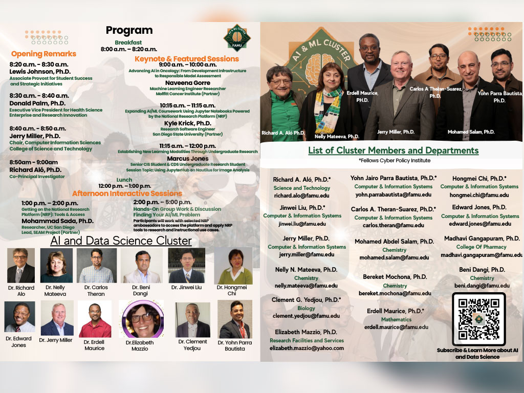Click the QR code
[478, 319]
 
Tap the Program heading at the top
[129, 30]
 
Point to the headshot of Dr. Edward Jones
[19, 317]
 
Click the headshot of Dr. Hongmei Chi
[233, 266]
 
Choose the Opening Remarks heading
[43, 54]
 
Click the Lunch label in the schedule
[124, 180]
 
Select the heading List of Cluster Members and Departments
[393, 150]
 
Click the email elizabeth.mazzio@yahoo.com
[307, 348]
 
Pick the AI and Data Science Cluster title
[106, 241]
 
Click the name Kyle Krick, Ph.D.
[187, 123]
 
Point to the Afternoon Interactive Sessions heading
[127, 193]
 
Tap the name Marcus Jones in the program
[187, 159]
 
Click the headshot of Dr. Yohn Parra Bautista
[234, 319]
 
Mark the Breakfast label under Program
[128, 42]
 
